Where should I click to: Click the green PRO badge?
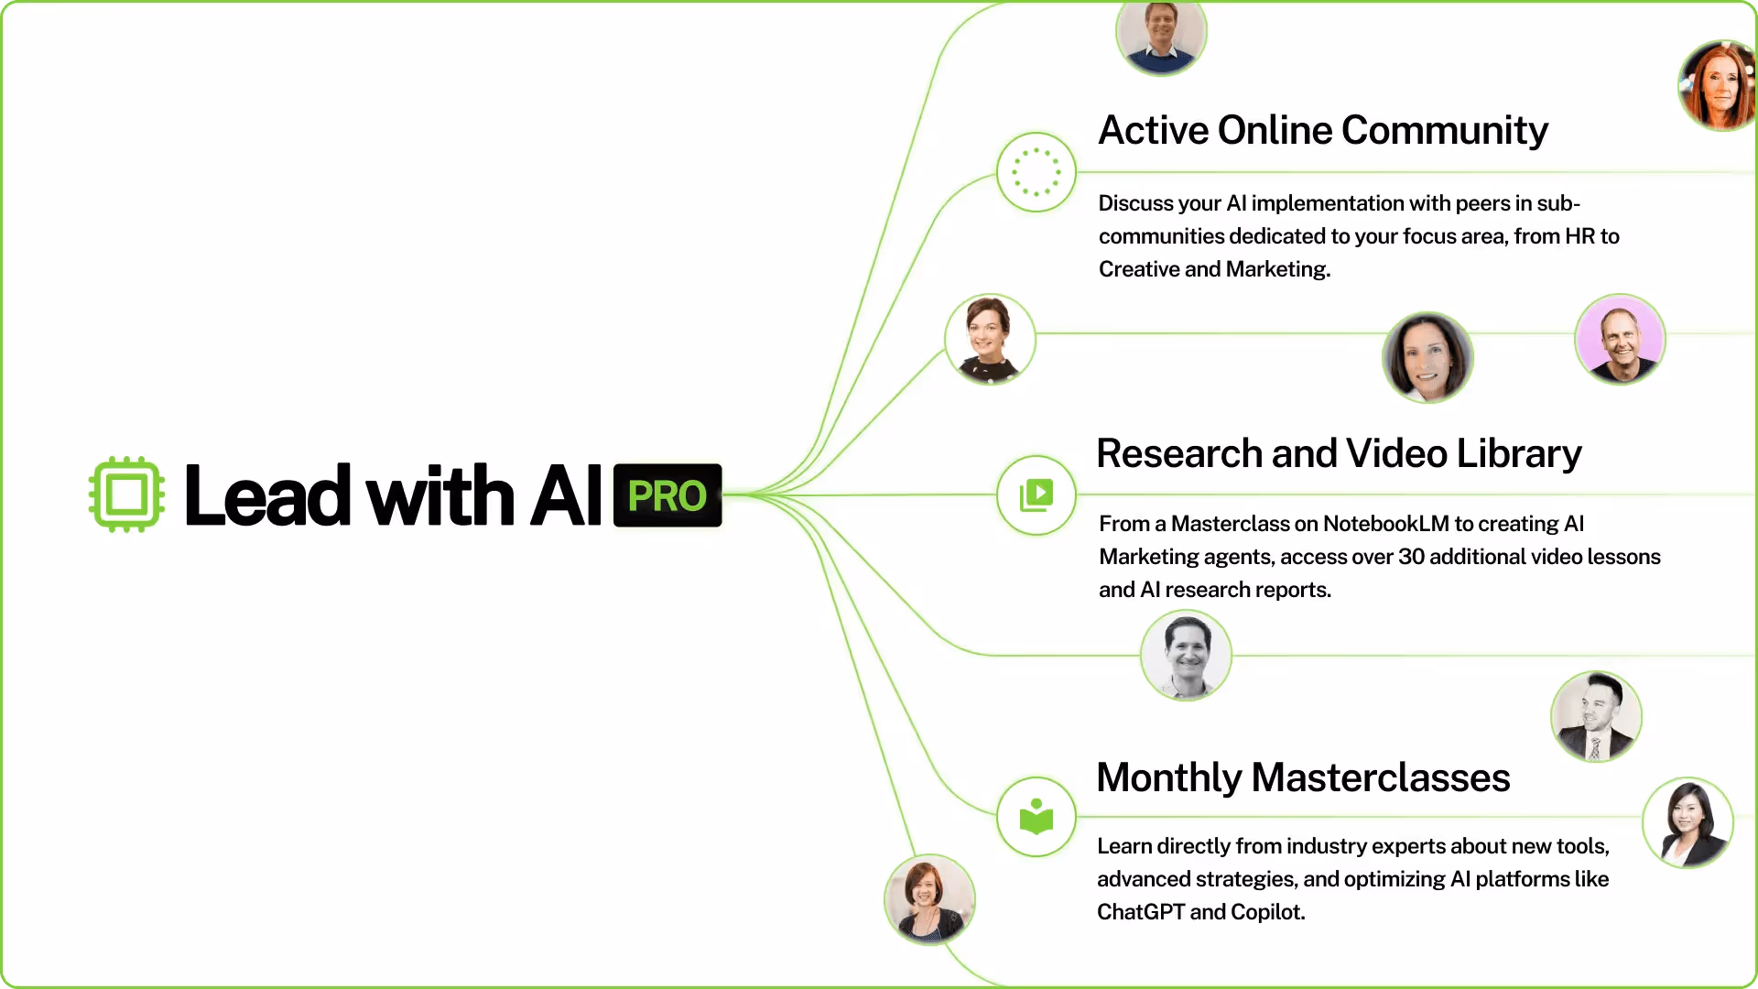[667, 495]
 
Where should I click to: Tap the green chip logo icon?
[127, 494]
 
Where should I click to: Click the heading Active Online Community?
[1322, 130]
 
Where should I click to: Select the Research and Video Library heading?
[1339, 453]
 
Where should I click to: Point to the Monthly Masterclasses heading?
[1303, 777]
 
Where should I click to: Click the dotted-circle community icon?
[1036, 172]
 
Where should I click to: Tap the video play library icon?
[1036, 495]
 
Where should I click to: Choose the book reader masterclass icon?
[1036, 817]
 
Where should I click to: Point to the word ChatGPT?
[1140, 912]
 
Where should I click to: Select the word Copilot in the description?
[1266, 912]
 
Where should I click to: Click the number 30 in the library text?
[1411, 557]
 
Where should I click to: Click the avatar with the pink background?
[1620, 339]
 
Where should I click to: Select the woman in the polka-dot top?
[990, 339]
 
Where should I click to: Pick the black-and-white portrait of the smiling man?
[1186, 656]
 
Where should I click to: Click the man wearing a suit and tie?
[1596, 716]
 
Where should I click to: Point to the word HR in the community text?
[1580, 236]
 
